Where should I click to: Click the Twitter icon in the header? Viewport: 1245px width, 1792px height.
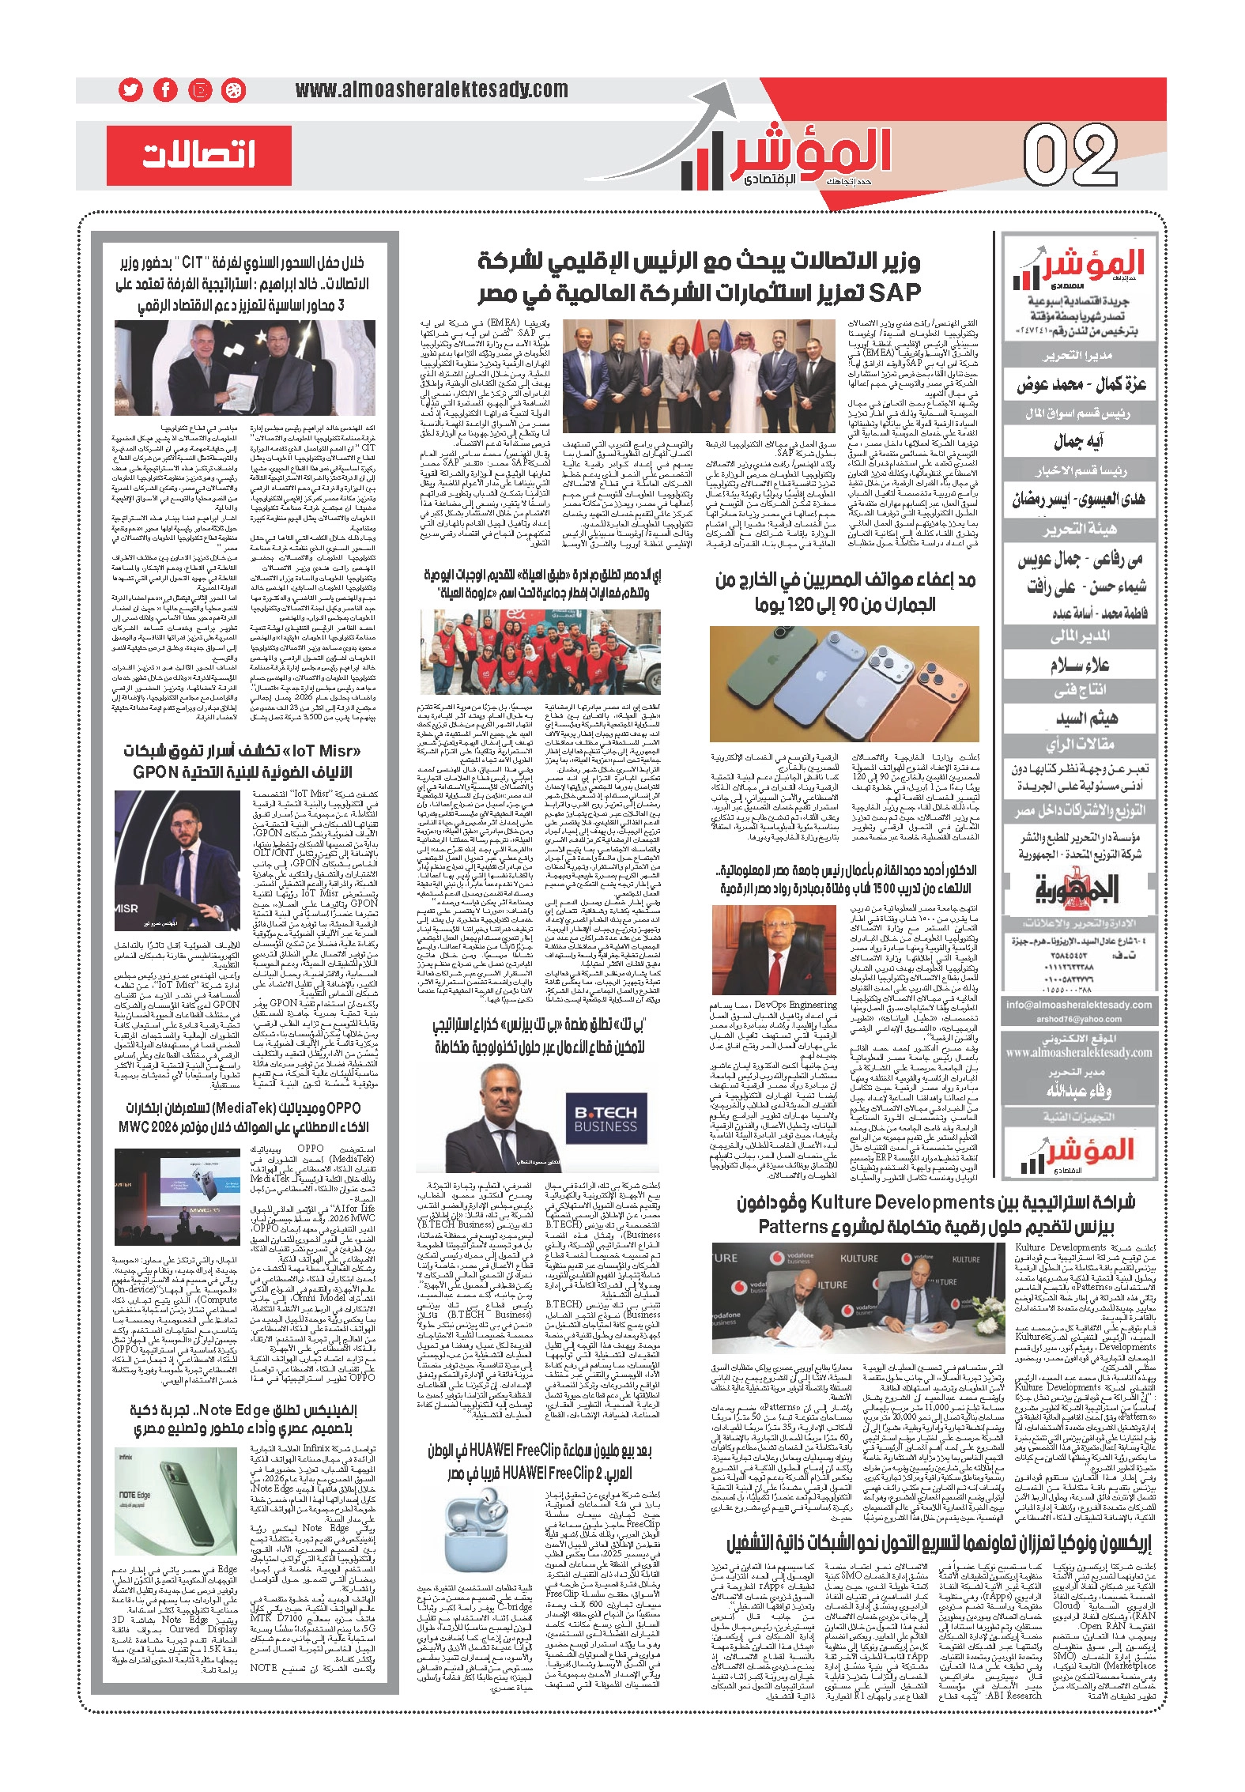pyautogui.click(x=130, y=90)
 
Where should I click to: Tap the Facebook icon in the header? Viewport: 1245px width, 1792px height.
pyautogui.click(x=165, y=90)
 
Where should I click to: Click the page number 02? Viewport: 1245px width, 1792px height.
pyautogui.click(x=1070, y=157)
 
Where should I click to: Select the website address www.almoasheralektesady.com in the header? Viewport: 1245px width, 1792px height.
pyautogui.click(x=431, y=90)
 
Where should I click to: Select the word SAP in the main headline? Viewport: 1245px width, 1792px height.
pyautogui.click(x=894, y=292)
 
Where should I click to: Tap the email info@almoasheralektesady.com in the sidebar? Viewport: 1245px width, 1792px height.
pyautogui.click(x=1078, y=1005)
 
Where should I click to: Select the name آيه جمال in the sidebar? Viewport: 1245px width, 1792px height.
pyautogui.click(x=1078, y=441)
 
